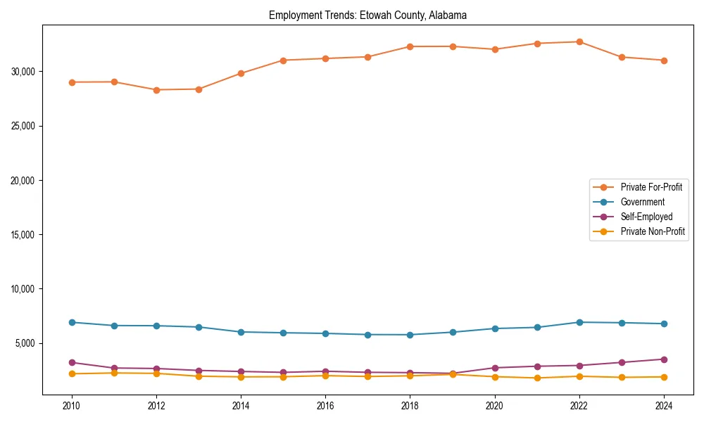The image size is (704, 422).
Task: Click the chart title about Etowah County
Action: point(367,15)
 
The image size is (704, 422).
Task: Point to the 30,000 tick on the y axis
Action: point(25,72)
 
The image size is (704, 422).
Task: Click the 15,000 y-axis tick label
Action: point(25,235)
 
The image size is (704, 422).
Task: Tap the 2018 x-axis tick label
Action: point(410,406)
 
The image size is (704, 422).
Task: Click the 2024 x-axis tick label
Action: point(663,406)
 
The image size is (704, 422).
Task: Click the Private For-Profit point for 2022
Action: point(579,41)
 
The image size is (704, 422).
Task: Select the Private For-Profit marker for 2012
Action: point(156,90)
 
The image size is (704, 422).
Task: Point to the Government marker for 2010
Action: point(72,322)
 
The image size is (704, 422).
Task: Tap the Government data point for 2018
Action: point(410,335)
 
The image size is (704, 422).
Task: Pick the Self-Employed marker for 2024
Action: point(663,359)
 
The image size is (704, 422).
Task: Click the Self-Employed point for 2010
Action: point(72,362)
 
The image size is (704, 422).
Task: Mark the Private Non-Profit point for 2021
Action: point(536,378)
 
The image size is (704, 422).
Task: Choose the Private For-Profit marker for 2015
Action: point(283,60)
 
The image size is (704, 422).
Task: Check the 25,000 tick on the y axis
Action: point(25,126)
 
